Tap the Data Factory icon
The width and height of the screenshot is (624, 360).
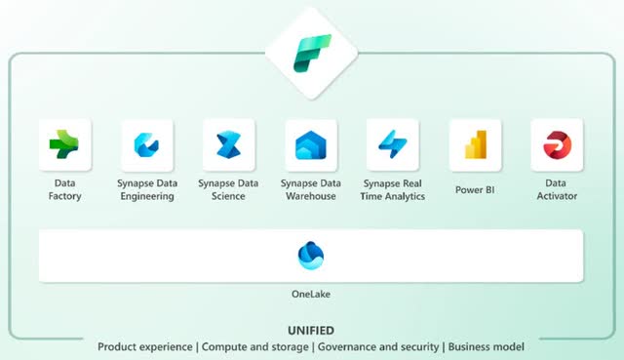click(64, 145)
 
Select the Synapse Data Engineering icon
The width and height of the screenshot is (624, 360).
click(147, 145)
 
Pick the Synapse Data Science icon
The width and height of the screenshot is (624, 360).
click(229, 145)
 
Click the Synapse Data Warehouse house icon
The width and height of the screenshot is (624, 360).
click(311, 145)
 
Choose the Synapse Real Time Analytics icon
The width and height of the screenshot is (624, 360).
click(393, 145)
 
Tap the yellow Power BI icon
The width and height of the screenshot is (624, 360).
click(475, 145)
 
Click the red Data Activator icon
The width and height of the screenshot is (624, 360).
click(557, 145)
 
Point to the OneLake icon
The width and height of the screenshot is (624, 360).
click(311, 256)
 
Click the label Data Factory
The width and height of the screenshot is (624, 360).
click(64, 189)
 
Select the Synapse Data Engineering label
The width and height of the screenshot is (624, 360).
click(147, 189)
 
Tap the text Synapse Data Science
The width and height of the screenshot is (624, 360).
click(229, 189)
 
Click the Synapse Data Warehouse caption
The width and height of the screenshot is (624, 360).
click(311, 189)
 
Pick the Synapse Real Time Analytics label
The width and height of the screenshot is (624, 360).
click(393, 189)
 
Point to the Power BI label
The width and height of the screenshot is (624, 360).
click(475, 189)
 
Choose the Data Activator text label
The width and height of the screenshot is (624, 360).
click(557, 189)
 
